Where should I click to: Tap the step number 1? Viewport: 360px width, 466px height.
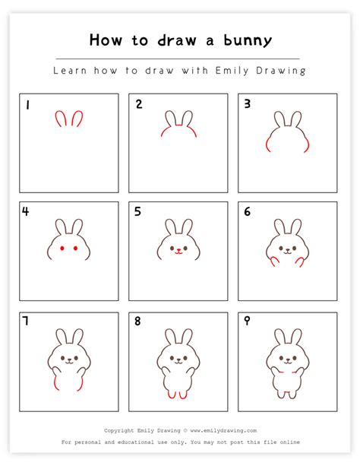click(27, 104)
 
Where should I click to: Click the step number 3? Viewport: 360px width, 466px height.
click(247, 104)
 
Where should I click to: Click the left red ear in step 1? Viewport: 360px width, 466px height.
click(58, 119)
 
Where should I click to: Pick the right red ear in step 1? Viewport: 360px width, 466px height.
click(77, 119)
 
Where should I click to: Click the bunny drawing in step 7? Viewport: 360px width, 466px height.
click(69, 360)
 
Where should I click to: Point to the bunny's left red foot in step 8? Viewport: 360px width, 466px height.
click(172, 394)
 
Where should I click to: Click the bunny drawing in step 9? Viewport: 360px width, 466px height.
click(287, 362)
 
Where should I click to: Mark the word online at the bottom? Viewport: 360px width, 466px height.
click(289, 442)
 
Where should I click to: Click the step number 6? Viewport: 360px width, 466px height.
click(247, 212)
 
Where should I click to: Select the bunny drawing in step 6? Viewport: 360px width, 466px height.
click(287, 243)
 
